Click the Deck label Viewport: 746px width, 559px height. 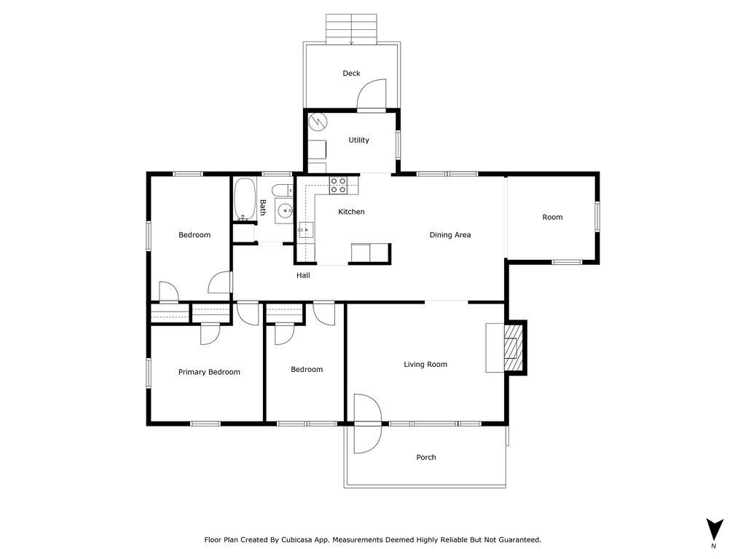(351, 74)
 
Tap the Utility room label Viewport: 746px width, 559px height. (358, 140)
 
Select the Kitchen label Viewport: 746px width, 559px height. (351, 212)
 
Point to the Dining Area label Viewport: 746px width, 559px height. (450, 234)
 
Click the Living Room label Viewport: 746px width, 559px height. (425, 365)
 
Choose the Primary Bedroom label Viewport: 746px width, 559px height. (209, 372)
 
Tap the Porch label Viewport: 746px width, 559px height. (425, 457)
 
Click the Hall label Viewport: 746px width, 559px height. (303, 275)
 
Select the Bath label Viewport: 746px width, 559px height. (262, 207)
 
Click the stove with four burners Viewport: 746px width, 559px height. (338, 185)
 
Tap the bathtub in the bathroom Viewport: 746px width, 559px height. (245, 199)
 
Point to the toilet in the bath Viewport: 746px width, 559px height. (283, 190)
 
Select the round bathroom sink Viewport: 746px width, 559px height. (285, 210)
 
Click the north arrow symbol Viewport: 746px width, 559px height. (714, 529)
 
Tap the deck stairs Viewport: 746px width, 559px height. (351, 29)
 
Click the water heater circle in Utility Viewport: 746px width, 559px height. (318, 122)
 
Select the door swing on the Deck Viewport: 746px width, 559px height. (372, 94)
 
